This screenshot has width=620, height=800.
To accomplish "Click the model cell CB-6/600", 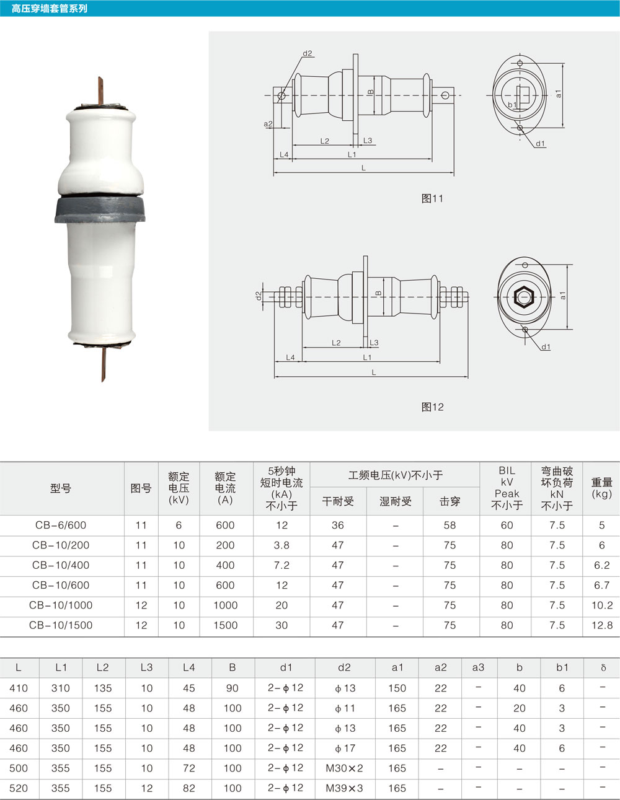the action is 61,525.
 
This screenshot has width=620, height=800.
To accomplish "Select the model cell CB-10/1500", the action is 61,625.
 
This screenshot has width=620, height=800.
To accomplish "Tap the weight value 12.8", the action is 602,625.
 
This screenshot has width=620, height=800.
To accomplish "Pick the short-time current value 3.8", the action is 281,545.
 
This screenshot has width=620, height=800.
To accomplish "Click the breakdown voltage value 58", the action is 450,525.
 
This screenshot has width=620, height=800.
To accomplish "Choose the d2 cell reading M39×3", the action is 344,788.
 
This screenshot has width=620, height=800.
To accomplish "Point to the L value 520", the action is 19,788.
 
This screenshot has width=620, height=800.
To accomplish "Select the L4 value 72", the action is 189,768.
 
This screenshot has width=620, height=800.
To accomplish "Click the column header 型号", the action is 61,488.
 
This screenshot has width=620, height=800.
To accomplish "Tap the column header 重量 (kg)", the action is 602,488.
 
